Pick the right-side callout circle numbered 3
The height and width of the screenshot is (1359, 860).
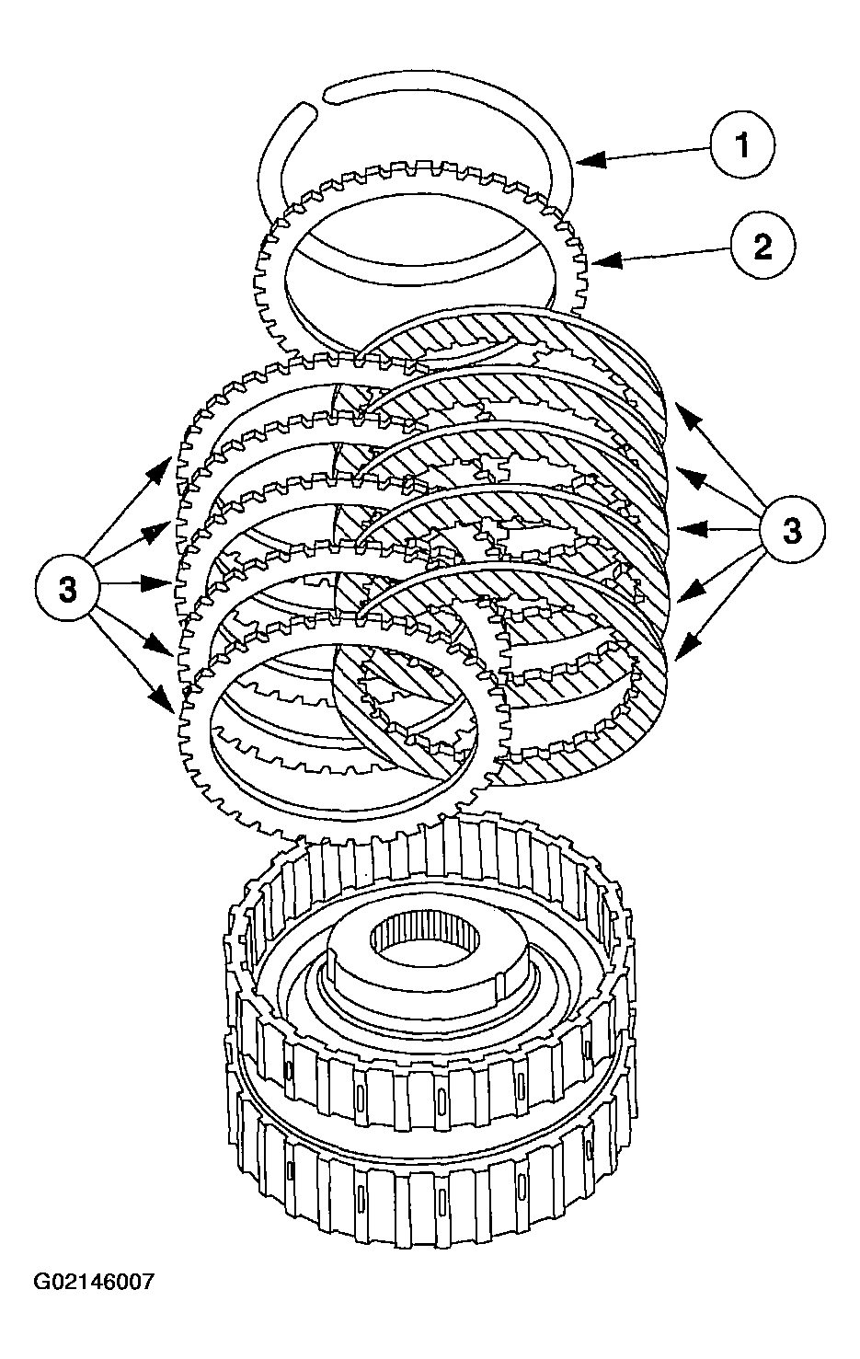pos(792,529)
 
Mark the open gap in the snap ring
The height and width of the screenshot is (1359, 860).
pos(318,98)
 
